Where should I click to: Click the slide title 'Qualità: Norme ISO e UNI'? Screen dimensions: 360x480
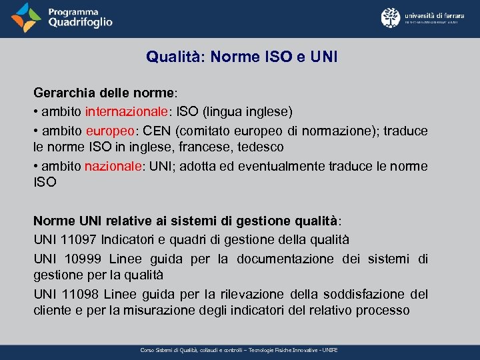[x=242, y=57]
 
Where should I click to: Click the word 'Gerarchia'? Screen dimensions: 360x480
[x=64, y=93]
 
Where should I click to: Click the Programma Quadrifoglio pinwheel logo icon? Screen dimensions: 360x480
[x=27, y=18]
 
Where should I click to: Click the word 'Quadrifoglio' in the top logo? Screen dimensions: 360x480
[x=80, y=23]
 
